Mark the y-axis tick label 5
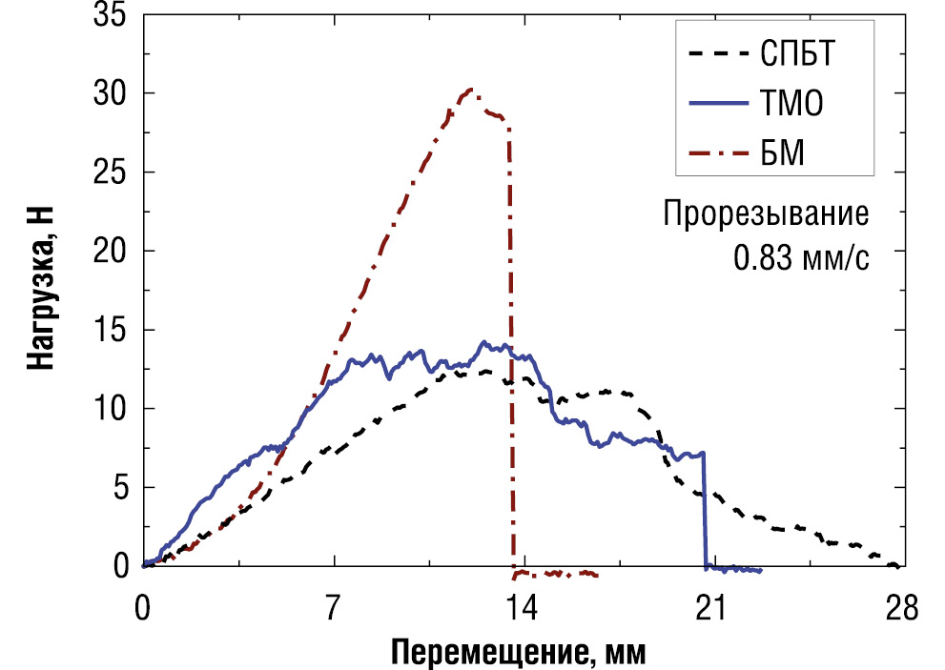point(118,488)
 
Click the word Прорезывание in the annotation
point(767,213)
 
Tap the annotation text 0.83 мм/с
point(801,257)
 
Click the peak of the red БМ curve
point(470,91)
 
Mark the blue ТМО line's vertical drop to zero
point(706,510)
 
